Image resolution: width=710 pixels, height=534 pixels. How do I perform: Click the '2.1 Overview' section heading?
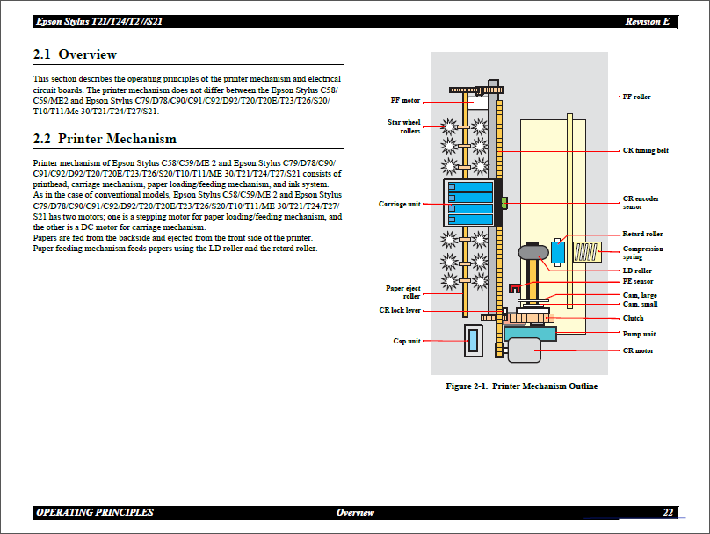point(75,54)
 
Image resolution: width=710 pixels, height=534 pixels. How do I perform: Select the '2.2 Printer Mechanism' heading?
point(105,139)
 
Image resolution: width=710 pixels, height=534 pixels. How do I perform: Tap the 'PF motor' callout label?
point(405,100)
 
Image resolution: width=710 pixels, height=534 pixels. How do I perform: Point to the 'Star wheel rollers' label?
point(404,126)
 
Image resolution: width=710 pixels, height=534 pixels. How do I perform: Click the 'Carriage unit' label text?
point(399,204)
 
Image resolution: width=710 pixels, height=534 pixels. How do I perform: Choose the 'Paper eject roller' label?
point(403,292)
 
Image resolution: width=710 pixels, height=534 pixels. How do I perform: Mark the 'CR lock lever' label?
point(400,310)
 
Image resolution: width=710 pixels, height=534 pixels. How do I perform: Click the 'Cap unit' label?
point(406,341)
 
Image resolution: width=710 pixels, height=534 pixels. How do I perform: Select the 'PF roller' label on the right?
point(636,97)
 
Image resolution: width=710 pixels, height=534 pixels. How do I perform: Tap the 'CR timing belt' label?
point(645,150)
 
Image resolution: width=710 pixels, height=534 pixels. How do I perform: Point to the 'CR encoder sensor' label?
point(641,203)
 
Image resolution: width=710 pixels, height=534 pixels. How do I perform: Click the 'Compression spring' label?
point(642,253)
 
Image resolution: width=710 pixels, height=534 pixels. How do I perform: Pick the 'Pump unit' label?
point(639,334)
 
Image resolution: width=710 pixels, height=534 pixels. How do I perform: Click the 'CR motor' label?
point(637,350)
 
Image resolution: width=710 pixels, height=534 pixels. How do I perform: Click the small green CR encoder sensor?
point(504,203)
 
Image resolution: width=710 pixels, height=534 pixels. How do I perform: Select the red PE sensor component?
point(515,287)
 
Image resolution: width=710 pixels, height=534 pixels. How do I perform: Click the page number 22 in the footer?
point(668,512)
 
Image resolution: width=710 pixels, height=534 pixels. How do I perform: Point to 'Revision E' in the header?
point(648,21)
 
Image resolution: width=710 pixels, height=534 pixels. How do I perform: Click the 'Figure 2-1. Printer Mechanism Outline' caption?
point(521,386)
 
